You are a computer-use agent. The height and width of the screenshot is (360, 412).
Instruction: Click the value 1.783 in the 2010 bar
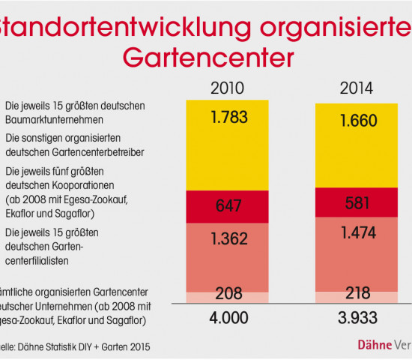pos(228,118)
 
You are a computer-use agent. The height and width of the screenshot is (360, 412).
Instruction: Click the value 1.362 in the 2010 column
pos(228,241)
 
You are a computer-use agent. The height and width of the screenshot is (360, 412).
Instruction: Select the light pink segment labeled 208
pos(228,293)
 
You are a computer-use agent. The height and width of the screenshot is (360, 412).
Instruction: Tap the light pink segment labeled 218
pos(358,293)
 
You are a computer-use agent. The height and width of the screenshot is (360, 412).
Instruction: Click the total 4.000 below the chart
pos(228,318)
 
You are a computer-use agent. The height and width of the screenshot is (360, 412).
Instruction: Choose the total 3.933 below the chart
pos(358,318)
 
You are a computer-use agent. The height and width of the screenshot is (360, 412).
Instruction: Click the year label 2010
pos(228,88)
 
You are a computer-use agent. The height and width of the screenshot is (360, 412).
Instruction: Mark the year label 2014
pos(358,88)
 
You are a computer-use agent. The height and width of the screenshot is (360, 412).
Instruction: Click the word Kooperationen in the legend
pos(80,186)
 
